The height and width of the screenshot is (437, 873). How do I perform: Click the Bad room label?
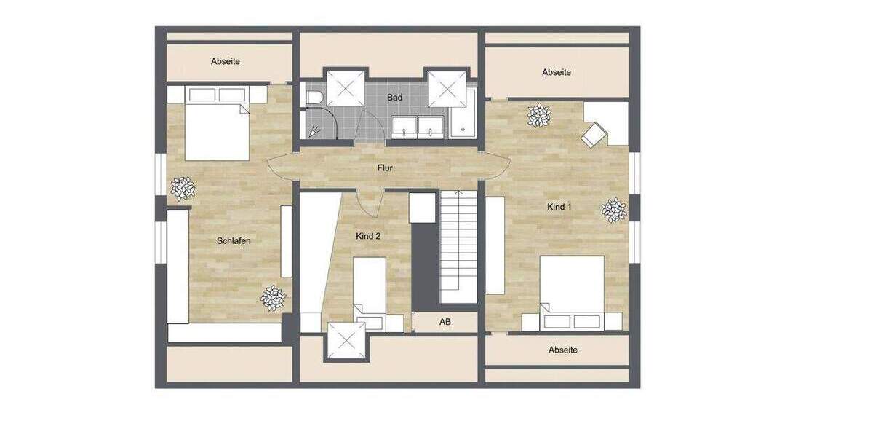394,97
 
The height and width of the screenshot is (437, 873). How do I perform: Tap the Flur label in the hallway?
385,168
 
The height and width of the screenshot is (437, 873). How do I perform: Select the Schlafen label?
234,240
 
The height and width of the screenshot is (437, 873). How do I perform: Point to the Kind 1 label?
559,207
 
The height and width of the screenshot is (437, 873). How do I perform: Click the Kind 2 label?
368,236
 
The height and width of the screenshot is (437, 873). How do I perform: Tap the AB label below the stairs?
444,322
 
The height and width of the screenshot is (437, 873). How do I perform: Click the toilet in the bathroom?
314,98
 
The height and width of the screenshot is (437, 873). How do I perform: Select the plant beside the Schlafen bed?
183,189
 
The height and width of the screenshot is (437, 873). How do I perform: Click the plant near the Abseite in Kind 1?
539,114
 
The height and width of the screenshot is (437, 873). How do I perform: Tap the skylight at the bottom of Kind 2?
346,341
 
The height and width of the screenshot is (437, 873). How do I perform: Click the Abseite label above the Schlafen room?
226,62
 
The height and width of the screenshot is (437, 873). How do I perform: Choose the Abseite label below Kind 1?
563,350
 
